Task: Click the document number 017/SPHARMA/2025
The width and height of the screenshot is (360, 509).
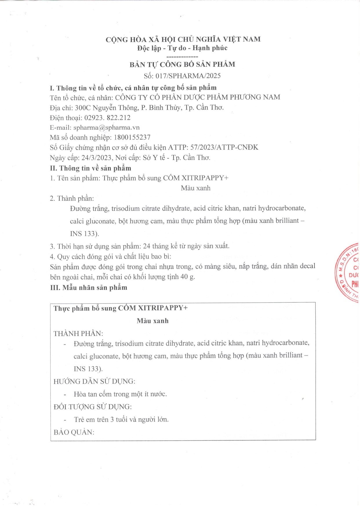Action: coord(188,76)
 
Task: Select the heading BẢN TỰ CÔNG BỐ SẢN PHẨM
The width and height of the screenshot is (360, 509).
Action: coord(182,64)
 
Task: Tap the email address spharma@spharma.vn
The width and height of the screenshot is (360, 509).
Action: coord(106,128)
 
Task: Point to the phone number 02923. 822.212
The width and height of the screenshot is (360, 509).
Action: coord(107,118)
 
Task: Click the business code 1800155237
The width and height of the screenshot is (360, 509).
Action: coord(132,137)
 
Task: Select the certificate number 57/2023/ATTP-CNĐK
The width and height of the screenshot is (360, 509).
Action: coord(224,147)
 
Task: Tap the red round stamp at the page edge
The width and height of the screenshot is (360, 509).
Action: coord(348,273)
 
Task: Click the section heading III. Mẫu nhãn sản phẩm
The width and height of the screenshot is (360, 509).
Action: coord(89,288)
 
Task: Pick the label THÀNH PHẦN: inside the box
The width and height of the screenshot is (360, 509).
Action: coord(78,334)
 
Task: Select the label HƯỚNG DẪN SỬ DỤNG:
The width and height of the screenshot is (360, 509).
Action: coord(94,381)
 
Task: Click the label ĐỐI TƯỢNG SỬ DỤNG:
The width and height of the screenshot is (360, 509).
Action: coord(92,407)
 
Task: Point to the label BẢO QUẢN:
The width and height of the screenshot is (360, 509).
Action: coord(74,432)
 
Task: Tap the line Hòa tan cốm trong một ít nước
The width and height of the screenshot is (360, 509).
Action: coord(120,394)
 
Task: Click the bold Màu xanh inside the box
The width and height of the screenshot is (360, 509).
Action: coord(153,321)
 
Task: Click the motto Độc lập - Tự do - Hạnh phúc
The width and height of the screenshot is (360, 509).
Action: coord(182,48)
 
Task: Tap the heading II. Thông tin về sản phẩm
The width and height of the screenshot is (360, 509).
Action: coord(90,168)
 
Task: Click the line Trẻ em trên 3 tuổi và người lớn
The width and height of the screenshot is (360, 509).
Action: coord(121,420)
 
